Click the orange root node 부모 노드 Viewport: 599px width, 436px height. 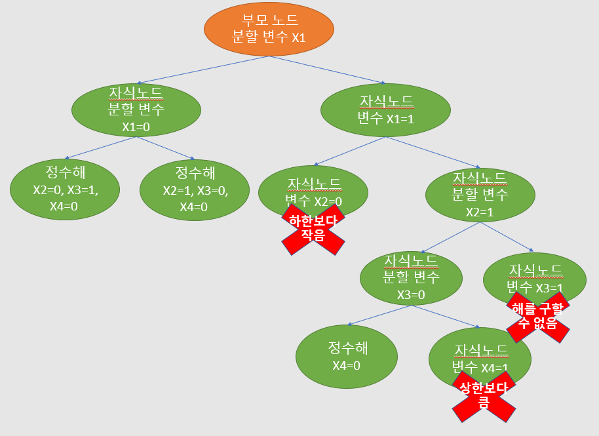pos(269,29)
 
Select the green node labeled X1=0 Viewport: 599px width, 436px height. pos(136,109)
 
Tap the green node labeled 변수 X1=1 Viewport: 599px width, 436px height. pos(385,109)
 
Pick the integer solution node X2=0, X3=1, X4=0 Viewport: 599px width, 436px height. pos(65,189)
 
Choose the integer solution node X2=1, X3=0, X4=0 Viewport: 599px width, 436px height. pos(195,189)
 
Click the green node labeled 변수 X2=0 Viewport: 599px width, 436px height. pos(313,187)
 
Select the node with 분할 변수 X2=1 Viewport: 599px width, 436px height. pos(480,193)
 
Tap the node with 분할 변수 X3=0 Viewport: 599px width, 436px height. pos(411,277)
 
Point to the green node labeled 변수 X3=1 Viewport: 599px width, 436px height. pos(534,275)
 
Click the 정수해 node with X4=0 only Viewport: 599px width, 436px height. pos(346,357)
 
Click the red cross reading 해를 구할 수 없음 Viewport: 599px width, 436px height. pos(537,317)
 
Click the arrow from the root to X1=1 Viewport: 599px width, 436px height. pos(328,70)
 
